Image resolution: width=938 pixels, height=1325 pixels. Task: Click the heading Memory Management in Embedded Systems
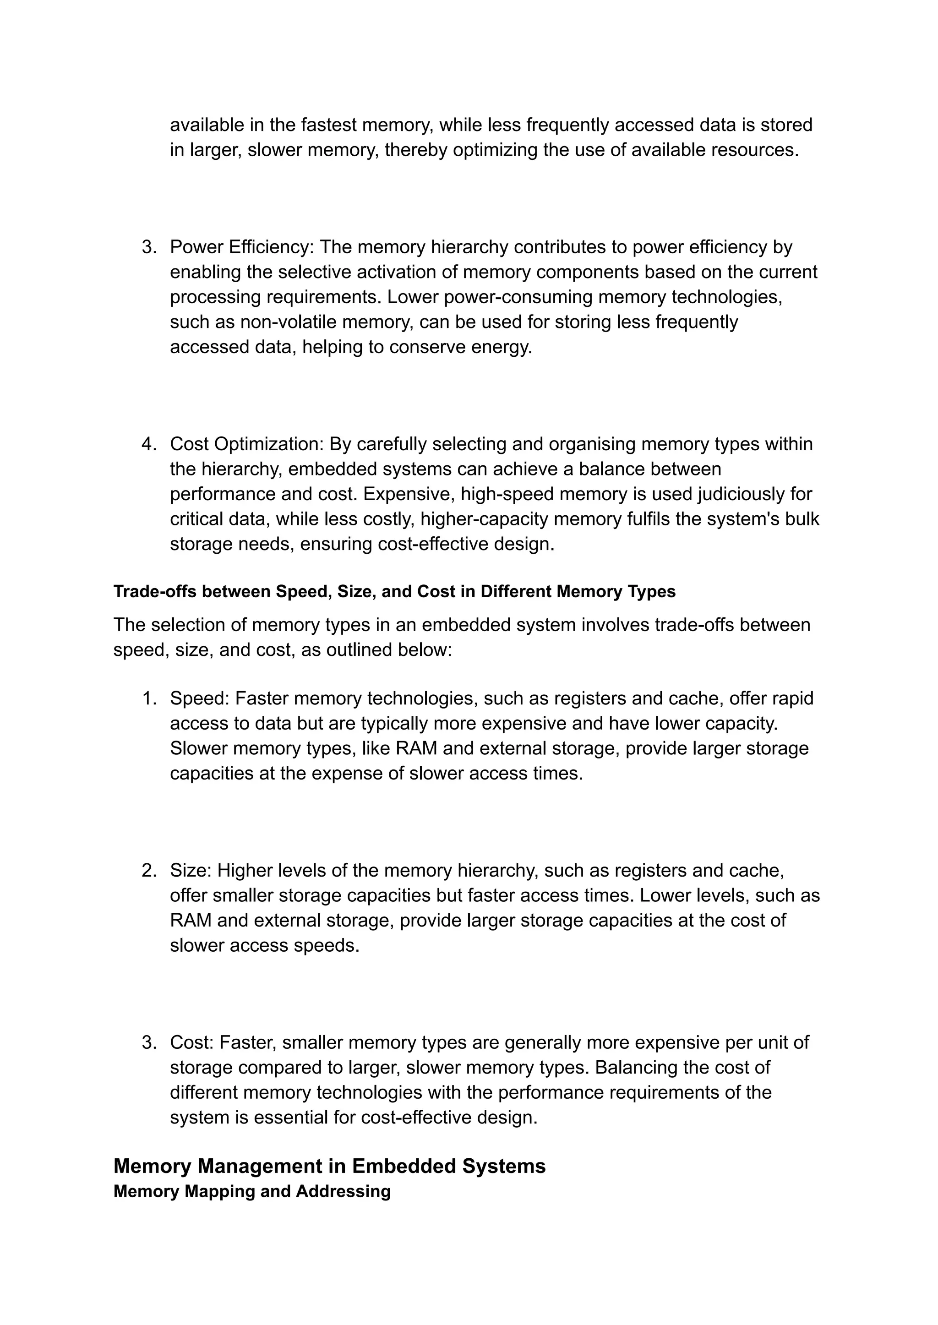329,1166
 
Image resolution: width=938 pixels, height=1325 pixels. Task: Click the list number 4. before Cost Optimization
149,444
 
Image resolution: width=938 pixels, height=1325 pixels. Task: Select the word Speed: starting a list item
200,698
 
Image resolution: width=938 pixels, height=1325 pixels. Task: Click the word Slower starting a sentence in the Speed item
197,748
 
